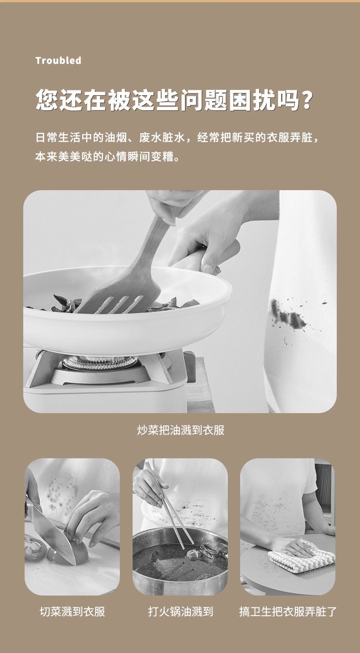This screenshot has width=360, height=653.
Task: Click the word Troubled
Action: (x=58, y=60)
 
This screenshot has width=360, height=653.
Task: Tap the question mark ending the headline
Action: (x=306, y=100)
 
